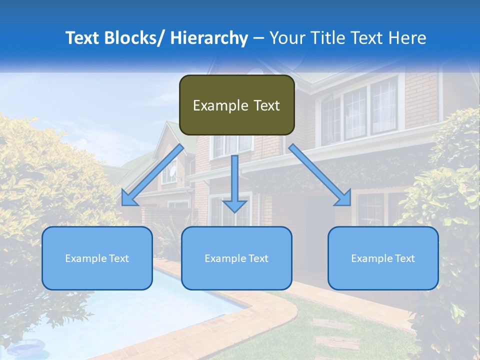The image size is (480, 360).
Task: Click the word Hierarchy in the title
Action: [209, 38]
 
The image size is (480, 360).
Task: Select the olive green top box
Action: [236, 105]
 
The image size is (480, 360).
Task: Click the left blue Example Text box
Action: [97, 258]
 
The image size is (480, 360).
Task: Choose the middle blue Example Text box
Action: [236, 258]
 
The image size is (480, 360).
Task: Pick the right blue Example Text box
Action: [383, 258]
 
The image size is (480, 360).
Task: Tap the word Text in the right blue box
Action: [404, 258]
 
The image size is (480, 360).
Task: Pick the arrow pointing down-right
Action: [320, 175]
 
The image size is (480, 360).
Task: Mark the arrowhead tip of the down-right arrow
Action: [350, 205]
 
